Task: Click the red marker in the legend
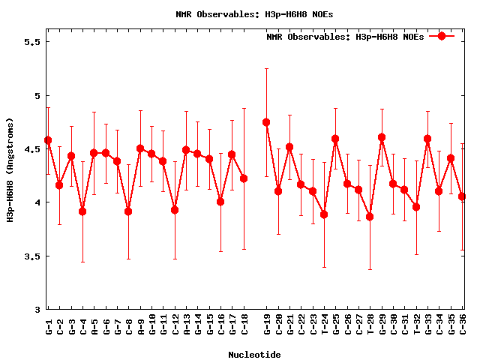coord(442,36)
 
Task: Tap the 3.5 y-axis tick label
coord(31,256)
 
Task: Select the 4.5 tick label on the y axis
coord(31,149)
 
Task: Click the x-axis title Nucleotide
coord(255,355)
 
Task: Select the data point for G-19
coord(266,122)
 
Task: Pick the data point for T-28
coord(370,217)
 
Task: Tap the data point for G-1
coord(48,140)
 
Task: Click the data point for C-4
coord(82,211)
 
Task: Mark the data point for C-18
coord(244,178)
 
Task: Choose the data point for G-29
coord(382,137)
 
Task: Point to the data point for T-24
coord(324,214)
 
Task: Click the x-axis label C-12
coord(175,326)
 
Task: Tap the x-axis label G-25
coord(335,326)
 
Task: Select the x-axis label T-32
coord(416,326)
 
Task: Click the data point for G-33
coord(427,139)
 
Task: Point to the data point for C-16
coord(220,201)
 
